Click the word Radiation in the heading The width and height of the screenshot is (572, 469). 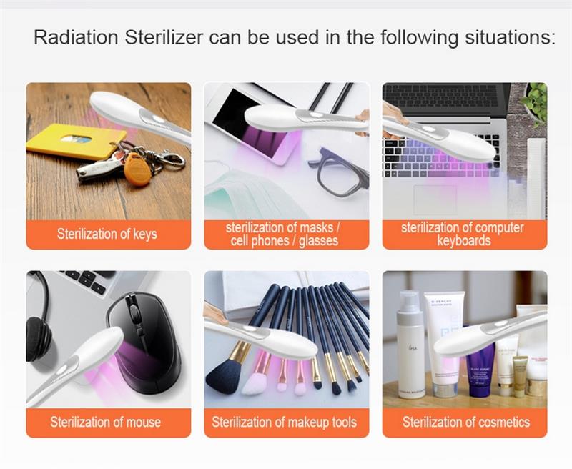(76, 38)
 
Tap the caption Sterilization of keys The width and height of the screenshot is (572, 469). (107, 234)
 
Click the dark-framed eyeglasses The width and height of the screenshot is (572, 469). (338, 171)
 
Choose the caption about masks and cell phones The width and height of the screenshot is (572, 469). (284, 234)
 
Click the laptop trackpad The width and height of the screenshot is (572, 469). (435, 199)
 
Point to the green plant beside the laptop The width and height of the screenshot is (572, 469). (536, 103)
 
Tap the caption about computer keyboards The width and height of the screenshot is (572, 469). (463, 234)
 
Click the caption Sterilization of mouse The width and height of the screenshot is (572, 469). (105, 422)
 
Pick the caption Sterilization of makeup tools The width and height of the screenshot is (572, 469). (284, 422)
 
